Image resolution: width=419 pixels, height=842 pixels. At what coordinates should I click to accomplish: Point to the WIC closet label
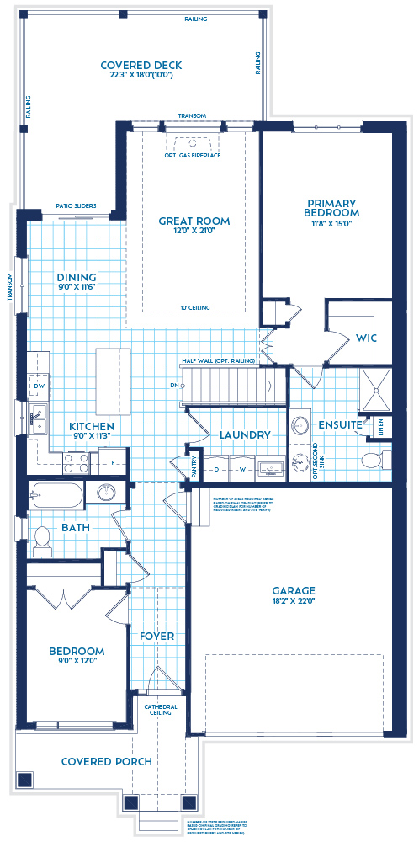(366, 338)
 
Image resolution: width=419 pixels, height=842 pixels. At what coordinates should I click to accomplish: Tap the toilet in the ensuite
(371, 460)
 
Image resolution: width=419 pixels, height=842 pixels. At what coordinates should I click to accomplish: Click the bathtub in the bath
(56, 493)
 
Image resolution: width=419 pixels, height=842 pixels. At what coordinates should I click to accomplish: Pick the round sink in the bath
(106, 493)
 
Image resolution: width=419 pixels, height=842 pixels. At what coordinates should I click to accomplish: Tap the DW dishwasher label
(39, 386)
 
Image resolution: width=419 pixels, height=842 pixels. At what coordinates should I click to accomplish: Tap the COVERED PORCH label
(107, 762)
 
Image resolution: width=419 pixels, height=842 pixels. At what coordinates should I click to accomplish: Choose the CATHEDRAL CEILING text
(160, 709)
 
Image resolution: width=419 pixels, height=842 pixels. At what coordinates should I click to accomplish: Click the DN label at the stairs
(174, 386)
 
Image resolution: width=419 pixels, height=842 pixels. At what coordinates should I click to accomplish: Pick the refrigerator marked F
(114, 461)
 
